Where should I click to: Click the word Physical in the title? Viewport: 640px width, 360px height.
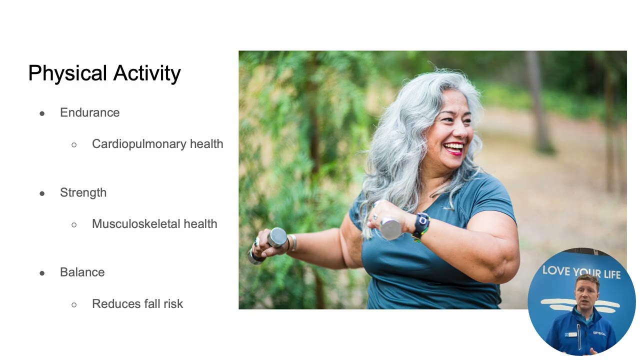pos(67,73)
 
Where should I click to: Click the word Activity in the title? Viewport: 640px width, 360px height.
pos(147,73)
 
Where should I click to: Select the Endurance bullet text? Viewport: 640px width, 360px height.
pos(89,113)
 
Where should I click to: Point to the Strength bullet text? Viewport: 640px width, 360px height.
pos(83,193)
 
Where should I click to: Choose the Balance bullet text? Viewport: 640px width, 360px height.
pos(82,272)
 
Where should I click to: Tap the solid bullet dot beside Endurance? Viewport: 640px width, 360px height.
pos(42,113)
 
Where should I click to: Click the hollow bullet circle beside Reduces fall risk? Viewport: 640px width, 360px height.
pos(74,304)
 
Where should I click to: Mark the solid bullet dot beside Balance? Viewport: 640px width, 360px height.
pos(42,273)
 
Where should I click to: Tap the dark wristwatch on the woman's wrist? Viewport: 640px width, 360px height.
pos(421,224)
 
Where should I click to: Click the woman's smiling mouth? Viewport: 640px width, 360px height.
pos(454,148)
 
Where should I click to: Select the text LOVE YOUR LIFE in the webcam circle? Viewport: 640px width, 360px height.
pos(581,272)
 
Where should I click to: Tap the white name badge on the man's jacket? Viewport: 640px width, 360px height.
pos(571,333)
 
